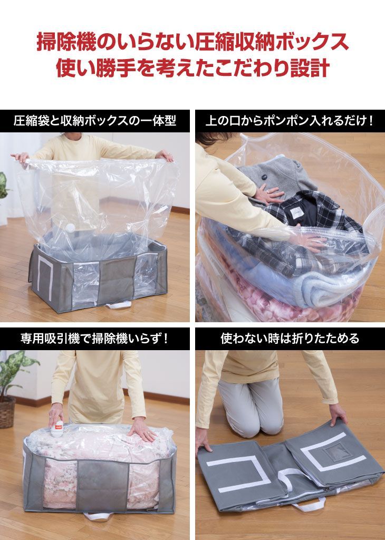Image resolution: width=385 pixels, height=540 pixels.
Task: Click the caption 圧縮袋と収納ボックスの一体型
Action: pyautogui.click(x=94, y=121)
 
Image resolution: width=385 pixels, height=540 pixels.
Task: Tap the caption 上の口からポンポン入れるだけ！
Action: pyautogui.click(x=290, y=121)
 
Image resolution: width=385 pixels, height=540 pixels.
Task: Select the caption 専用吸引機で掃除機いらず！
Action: pyautogui.click(x=94, y=339)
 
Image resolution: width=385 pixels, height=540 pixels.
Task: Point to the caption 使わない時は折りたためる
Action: pyautogui.click(x=290, y=339)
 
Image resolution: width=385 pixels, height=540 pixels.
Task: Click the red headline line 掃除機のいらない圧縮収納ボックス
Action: pyautogui.click(x=192, y=42)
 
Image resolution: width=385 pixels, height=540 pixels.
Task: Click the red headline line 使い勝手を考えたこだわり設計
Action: pyautogui.click(x=192, y=68)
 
